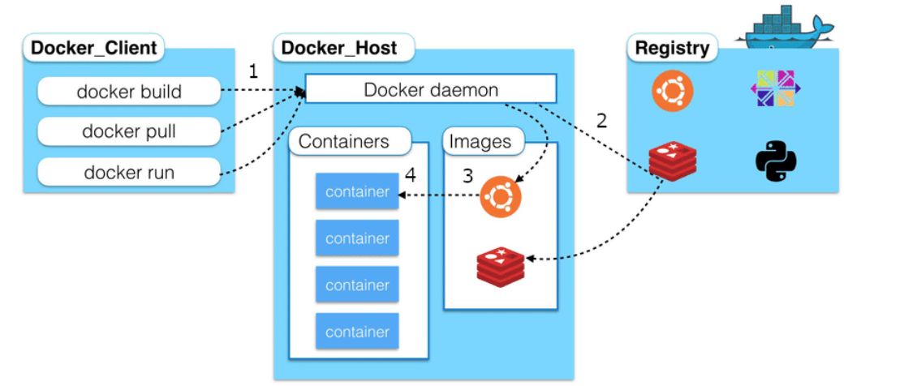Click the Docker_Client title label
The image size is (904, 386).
93,47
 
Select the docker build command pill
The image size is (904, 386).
129,92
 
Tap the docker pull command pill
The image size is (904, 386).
129,131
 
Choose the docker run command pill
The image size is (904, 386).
129,172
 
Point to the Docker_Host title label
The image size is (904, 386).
339,48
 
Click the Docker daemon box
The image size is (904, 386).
430,89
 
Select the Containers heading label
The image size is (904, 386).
343,141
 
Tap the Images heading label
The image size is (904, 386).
480,141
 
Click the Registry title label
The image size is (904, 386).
672,48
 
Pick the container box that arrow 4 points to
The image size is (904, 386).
357,192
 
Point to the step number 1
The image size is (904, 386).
253,71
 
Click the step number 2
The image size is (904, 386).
601,121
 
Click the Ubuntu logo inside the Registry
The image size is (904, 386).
673,90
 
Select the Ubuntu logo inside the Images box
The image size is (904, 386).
500,197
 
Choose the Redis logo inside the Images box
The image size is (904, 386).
500,264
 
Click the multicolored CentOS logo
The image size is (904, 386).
775,89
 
